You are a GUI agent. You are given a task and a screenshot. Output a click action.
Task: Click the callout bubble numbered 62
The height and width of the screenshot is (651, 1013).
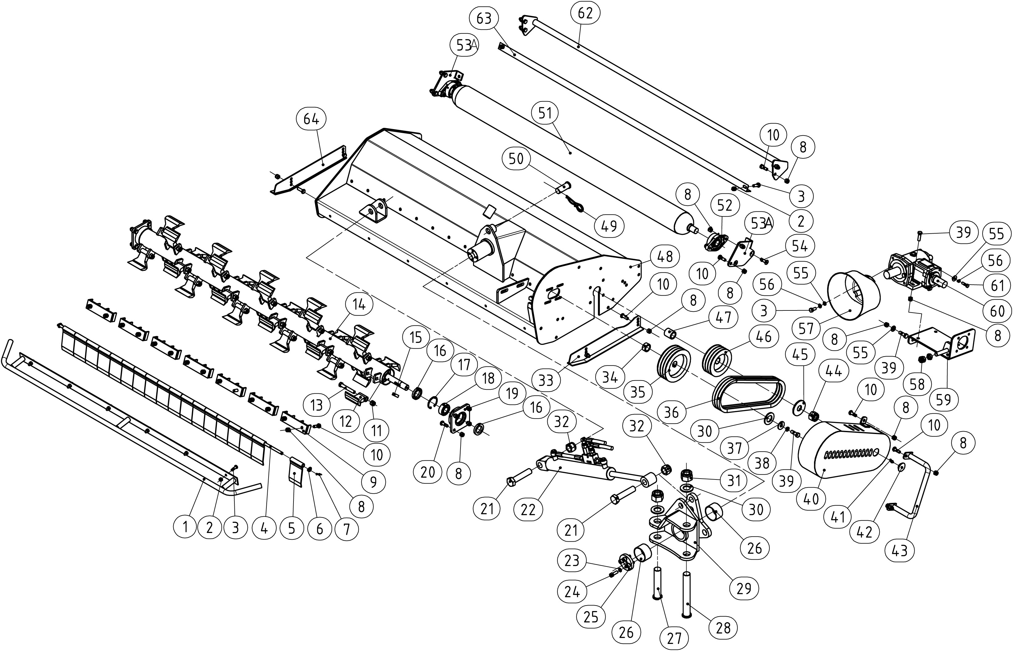click(585, 14)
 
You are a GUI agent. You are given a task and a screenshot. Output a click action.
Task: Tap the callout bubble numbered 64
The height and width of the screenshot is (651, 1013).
click(311, 120)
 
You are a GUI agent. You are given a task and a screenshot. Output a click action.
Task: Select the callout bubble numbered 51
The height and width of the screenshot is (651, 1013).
click(545, 113)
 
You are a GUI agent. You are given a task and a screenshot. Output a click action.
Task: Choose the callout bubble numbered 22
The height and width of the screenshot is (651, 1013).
click(528, 510)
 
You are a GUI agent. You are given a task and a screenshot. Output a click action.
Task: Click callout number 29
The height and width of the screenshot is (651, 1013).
click(744, 588)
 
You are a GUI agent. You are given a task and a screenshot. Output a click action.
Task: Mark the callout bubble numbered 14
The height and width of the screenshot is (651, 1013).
click(359, 304)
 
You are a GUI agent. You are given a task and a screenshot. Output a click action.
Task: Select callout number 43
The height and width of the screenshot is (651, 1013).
click(900, 550)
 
